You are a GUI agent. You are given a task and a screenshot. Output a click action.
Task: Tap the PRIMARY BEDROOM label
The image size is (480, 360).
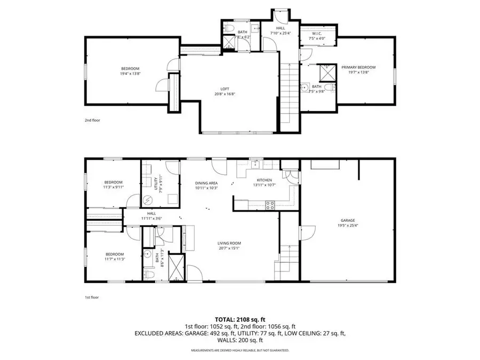click(x=358, y=67)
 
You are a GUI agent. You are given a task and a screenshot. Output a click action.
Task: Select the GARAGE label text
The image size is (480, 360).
click(x=348, y=220)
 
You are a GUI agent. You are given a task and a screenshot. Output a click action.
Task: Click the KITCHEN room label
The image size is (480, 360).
click(x=265, y=180)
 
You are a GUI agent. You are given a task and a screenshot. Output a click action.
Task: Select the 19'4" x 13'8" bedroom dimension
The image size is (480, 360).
click(x=130, y=74)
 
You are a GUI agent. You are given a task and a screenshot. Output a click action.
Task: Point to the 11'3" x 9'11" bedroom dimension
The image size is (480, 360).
click(x=114, y=187)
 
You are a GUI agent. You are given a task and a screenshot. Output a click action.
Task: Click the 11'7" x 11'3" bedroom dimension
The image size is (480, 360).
click(x=114, y=259)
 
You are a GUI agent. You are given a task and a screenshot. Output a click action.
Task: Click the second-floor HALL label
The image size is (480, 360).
click(x=281, y=28)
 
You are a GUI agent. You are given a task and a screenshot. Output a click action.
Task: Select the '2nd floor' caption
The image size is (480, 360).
click(x=92, y=120)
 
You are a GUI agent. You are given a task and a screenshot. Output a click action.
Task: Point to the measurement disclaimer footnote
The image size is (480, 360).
click(x=240, y=350)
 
